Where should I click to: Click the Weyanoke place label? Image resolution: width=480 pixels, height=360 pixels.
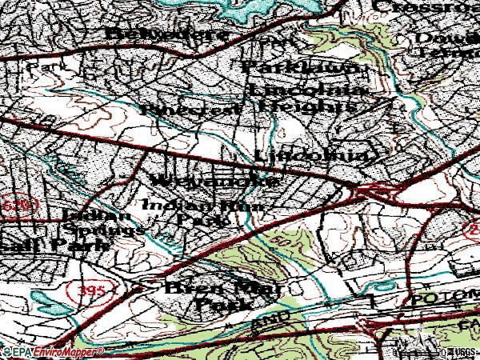coord(214,180)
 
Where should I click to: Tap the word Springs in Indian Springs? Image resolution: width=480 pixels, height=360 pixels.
coord(104,229)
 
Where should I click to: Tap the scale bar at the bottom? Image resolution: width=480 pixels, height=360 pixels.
coord(420,352)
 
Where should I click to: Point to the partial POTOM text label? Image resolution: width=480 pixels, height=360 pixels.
coord(443,300)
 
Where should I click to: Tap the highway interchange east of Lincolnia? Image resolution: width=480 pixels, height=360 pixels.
coord(369,191)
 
